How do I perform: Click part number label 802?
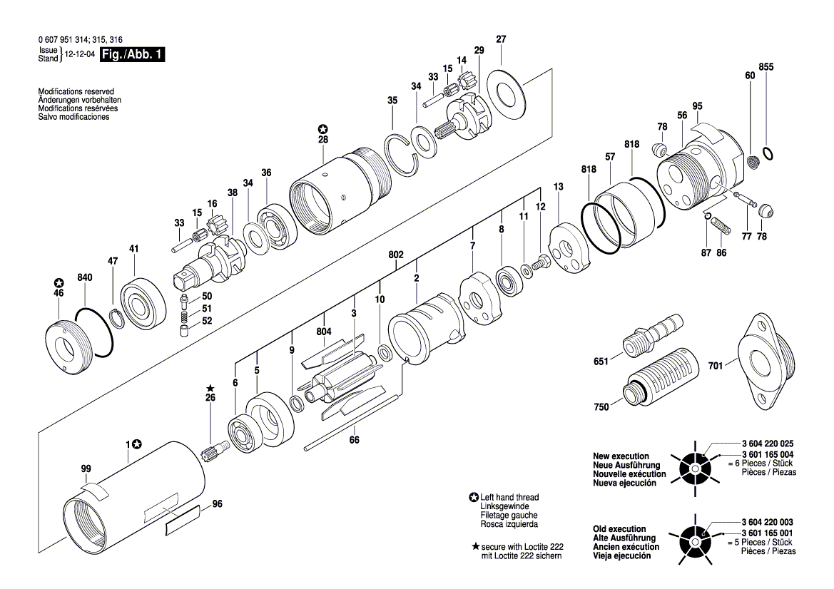pyautogui.click(x=396, y=254)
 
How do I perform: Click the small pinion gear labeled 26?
pyautogui.click(x=214, y=449)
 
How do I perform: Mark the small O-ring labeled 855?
pyautogui.click(x=768, y=153)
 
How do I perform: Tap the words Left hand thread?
pyautogui.click(x=509, y=497)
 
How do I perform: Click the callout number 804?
pyautogui.click(x=325, y=332)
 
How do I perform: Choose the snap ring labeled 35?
pyautogui.click(x=404, y=154)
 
